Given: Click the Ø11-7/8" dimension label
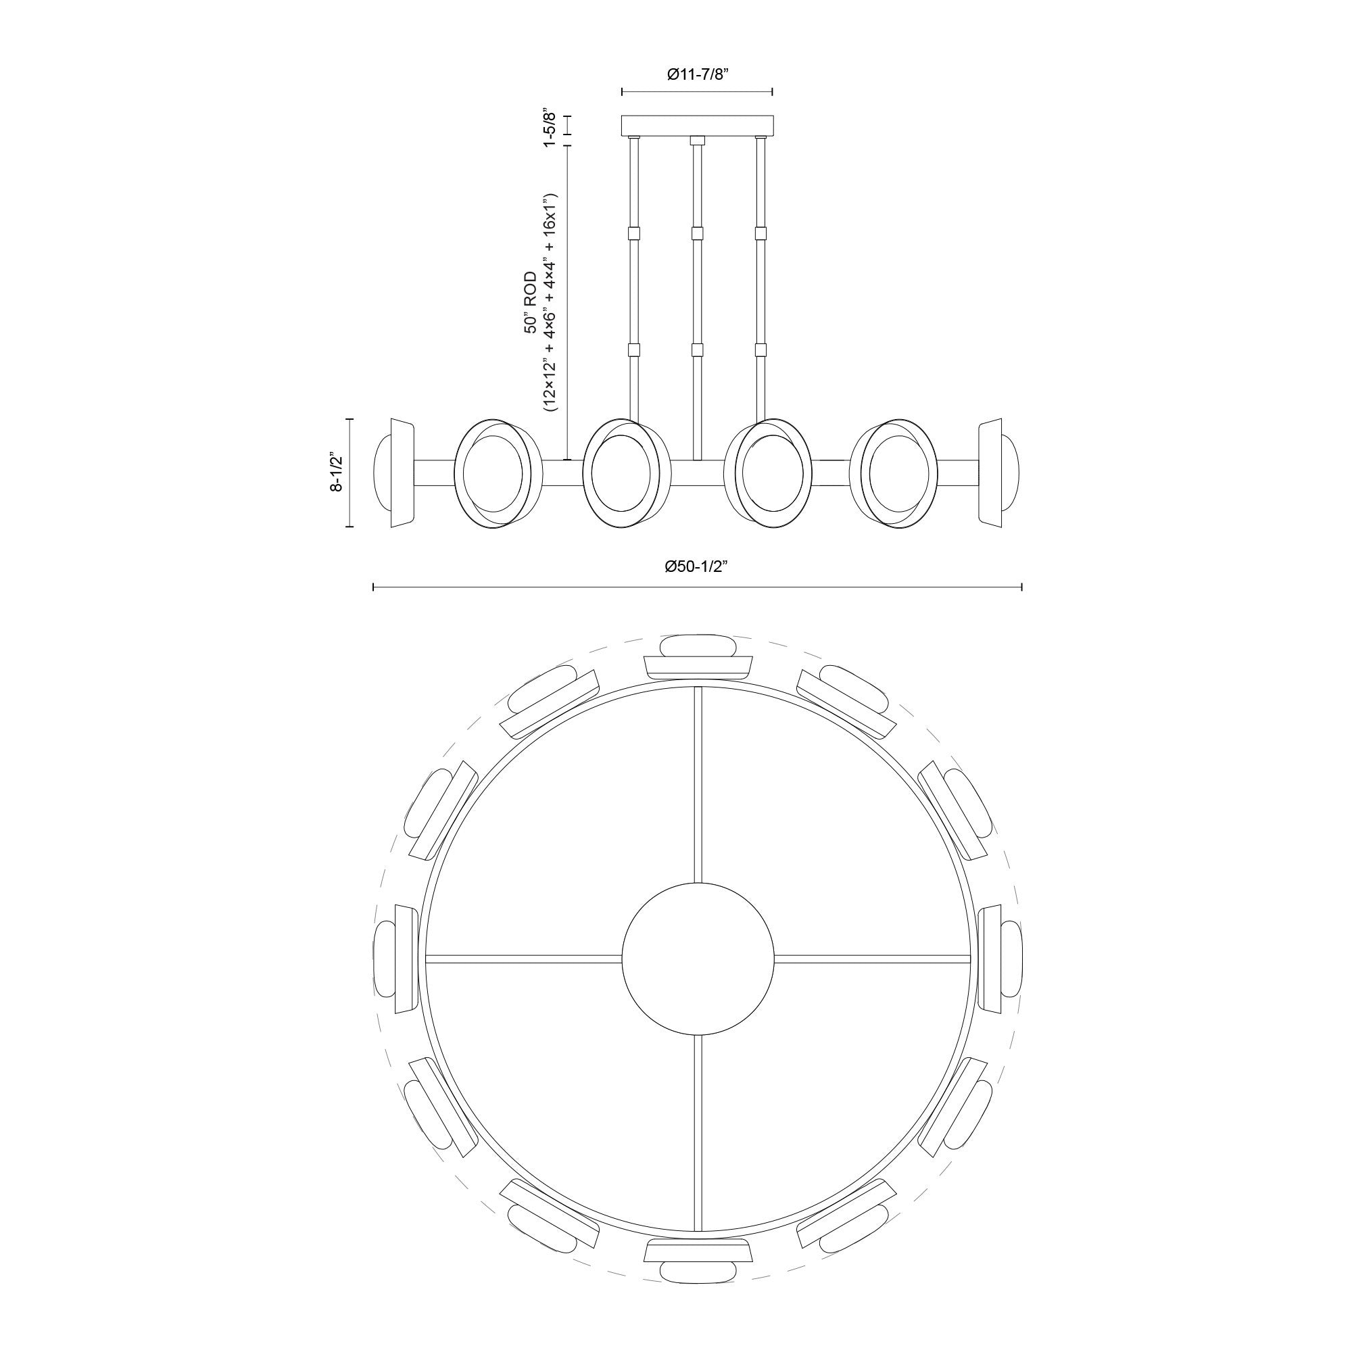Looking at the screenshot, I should pos(697,75).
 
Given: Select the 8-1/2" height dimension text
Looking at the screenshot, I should pos(337,473).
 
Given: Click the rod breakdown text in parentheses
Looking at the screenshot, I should pos(550,303).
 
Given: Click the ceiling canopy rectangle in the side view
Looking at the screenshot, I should pos(697,125).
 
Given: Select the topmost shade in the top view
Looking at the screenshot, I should pos(698,657).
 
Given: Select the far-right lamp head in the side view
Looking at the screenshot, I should pos(999,475).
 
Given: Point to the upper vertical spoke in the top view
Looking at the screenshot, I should pos(698,783).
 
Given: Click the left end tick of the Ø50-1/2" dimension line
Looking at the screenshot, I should pos(374,586).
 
